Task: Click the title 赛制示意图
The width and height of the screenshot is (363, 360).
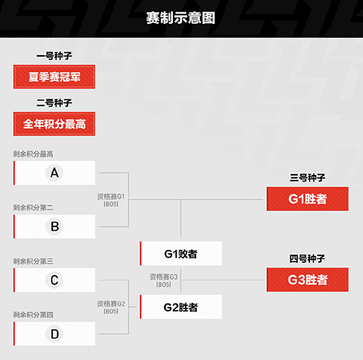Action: click(x=181, y=18)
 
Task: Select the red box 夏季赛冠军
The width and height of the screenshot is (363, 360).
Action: click(x=54, y=77)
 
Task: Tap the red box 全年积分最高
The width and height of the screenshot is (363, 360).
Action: click(x=54, y=124)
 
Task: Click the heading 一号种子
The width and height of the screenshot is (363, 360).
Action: click(x=54, y=56)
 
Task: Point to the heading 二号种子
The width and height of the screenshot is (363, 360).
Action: click(x=54, y=103)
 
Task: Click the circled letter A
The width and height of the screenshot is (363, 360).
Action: click(x=54, y=173)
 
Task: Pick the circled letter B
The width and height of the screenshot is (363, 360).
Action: click(x=54, y=226)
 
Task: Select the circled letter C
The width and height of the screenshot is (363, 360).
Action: click(x=54, y=280)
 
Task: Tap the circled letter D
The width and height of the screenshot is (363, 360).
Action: click(x=54, y=334)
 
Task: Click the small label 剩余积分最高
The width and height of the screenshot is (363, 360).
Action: click(x=33, y=154)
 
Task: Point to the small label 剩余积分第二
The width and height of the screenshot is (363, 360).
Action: click(x=33, y=208)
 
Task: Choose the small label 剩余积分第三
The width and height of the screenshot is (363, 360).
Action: click(x=33, y=261)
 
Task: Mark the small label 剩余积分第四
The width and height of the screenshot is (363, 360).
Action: click(x=33, y=315)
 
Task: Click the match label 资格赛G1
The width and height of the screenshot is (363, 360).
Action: click(x=111, y=197)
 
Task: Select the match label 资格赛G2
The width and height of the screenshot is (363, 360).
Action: click(x=111, y=303)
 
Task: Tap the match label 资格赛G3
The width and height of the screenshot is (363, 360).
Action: click(x=163, y=277)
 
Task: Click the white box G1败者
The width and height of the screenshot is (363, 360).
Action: click(x=181, y=253)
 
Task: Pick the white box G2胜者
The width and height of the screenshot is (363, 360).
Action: click(x=181, y=307)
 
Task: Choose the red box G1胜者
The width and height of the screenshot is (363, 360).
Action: click(x=308, y=199)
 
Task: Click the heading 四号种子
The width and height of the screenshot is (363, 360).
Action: click(x=307, y=258)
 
